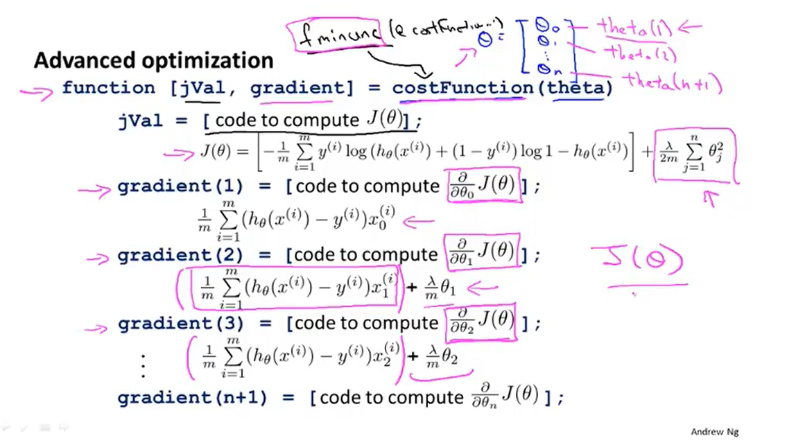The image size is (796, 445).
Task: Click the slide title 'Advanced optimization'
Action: coord(153,61)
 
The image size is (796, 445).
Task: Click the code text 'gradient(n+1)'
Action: coord(200,398)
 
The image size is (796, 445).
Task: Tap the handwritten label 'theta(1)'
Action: coord(635,28)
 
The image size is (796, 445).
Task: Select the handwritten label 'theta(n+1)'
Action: coord(670,83)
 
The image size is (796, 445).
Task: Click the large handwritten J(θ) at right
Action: coord(641,261)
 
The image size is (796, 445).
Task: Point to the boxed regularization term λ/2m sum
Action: coord(694,154)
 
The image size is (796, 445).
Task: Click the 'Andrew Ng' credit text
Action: coord(714,431)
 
